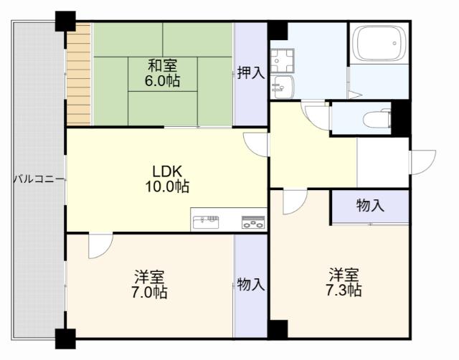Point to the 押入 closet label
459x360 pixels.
click(x=251, y=72)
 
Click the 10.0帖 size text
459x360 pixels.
click(x=169, y=186)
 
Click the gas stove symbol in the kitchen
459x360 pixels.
click(x=252, y=222)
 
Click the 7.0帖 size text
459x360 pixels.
click(x=149, y=292)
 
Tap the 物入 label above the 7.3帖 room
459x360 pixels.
click(x=370, y=206)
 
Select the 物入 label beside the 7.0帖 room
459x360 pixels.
click(x=251, y=285)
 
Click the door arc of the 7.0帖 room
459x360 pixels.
click(x=99, y=246)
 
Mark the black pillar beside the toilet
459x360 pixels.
click(x=400, y=118)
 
